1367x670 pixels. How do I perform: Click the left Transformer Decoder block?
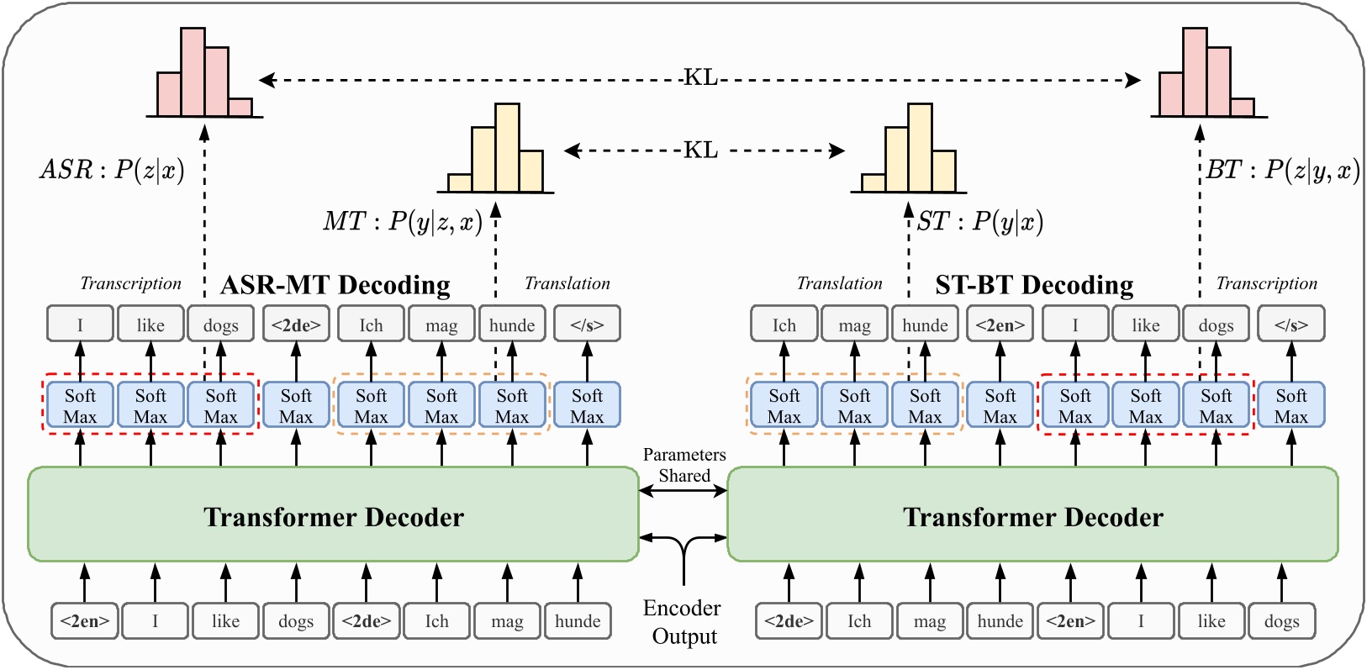333,515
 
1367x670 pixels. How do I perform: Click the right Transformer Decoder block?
1032,515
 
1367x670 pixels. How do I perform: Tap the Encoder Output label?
683,622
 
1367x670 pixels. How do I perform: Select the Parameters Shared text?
683,465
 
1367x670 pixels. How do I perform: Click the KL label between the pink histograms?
700,78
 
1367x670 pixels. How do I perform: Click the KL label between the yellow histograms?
700,150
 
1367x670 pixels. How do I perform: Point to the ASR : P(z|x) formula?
112,170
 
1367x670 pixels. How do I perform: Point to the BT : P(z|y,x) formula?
1282,171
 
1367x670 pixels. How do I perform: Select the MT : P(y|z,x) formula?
403,222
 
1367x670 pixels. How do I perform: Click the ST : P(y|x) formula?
979,222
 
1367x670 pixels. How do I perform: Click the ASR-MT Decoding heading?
335,286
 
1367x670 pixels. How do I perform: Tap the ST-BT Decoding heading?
1034,286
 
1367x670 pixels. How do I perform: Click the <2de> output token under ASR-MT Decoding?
296,324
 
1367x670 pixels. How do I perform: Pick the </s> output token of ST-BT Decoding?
1290,324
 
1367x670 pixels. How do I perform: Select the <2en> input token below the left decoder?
85,621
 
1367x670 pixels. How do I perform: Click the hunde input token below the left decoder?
578,621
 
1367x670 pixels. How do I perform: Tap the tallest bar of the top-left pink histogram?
193,72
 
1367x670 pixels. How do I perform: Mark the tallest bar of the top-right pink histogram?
1195,72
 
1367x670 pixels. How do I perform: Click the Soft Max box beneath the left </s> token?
587,406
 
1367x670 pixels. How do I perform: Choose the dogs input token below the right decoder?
1281,621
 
